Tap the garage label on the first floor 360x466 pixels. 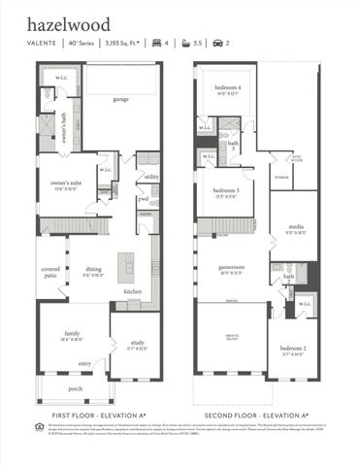click(x=120, y=98)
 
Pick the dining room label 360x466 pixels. click(x=93, y=271)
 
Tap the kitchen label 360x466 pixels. click(x=133, y=292)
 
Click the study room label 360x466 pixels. click(x=136, y=343)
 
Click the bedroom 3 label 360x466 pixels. click(x=226, y=192)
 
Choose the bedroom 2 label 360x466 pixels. click(x=295, y=350)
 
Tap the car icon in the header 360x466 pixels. click(x=217, y=44)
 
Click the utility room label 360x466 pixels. click(x=151, y=177)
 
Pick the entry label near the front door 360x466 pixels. click(x=98, y=363)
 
